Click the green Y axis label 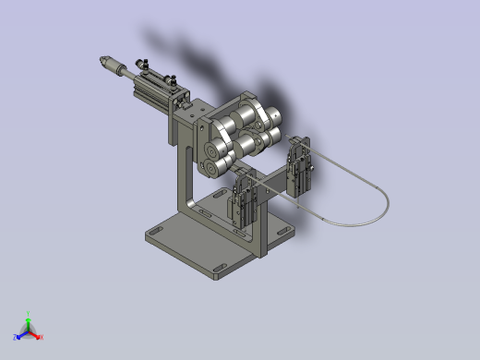tap(30, 313)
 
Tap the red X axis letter tap(42, 337)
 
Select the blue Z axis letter tap(16, 336)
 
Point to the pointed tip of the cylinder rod tap(98, 62)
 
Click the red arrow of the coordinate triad tap(36, 332)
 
